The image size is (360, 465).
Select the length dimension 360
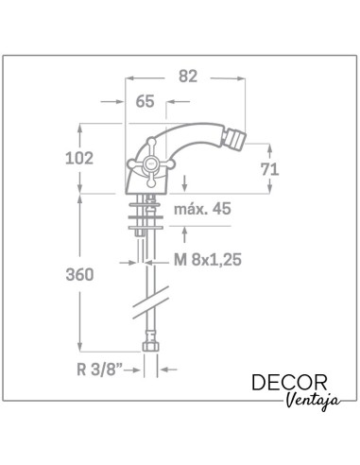(x=80, y=276)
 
